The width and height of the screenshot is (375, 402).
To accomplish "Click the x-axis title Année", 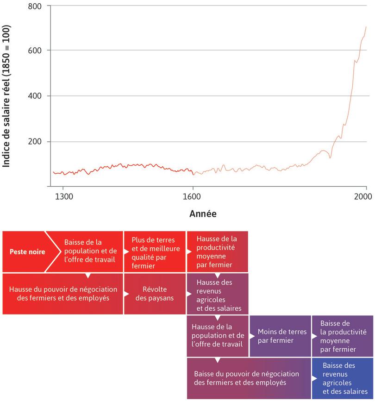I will pyautogui.click(x=203, y=214).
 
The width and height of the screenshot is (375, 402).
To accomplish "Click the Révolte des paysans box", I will pyautogui.click(x=154, y=294).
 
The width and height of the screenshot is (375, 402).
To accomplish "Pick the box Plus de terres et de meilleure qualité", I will pyautogui.click(x=154, y=252).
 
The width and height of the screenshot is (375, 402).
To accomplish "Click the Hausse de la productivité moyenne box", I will pyautogui.click(x=217, y=252).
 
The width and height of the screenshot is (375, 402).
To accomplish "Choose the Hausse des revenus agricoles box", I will pyautogui.click(x=217, y=294).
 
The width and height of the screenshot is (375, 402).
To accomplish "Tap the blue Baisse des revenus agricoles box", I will pyautogui.click(x=342, y=378).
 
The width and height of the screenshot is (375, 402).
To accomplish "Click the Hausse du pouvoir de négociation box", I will pyautogui.click(x=63, y=294).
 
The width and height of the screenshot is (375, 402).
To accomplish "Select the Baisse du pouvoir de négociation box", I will pyautogui.click(x=249, y=378).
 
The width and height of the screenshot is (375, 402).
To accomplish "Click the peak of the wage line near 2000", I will pyautogui.click(x=366, y=27).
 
